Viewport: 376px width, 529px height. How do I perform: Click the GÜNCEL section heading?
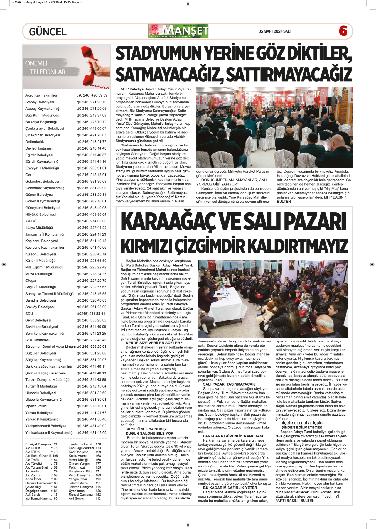48,32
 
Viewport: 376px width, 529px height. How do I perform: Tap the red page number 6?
343,31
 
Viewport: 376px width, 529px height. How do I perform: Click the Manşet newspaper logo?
178,31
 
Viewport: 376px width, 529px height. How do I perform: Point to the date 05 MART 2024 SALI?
274,31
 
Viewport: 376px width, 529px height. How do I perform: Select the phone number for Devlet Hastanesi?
92,148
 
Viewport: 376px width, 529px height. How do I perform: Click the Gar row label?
28,175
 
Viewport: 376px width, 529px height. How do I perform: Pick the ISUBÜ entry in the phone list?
31,221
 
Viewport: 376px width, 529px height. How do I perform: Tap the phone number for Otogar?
92,281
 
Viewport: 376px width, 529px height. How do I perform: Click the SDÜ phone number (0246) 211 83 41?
91,314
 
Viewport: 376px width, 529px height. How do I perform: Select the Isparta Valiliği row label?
36,406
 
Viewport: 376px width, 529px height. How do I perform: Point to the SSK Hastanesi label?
37,340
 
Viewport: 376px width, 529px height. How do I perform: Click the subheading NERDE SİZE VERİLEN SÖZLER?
154,343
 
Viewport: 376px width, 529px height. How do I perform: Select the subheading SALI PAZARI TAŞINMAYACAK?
229,384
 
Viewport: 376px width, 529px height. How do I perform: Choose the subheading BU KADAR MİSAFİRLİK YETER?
230,488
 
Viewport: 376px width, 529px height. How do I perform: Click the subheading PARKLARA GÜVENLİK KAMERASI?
233,436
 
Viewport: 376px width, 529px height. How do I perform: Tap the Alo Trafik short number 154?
54,460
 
